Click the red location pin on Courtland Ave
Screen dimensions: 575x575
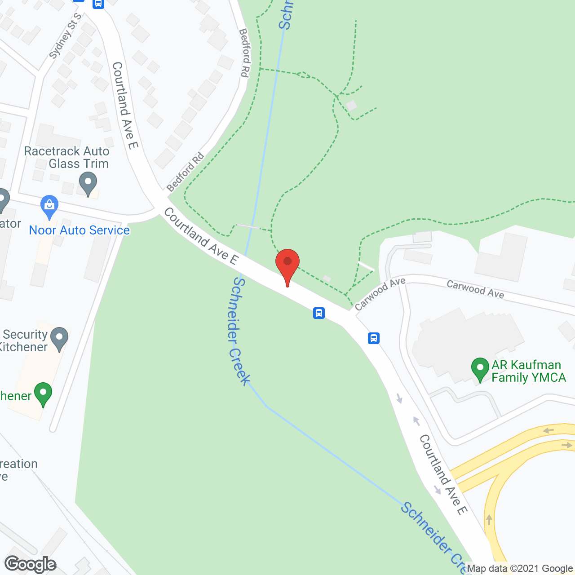pos(287,265)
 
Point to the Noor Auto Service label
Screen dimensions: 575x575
pos(79,230)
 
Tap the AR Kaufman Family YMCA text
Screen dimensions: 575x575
pos(528,371)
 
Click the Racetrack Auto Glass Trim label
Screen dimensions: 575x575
pos(66,157)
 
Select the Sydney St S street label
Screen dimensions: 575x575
pos(65,36)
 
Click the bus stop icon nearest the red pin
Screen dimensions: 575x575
pos(319,313)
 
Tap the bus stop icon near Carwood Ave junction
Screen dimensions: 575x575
pos(374,338)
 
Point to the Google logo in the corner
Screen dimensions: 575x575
pos(31,565)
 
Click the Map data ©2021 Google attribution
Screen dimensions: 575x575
pos(520,569)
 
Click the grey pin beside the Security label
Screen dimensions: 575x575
pos(59,339)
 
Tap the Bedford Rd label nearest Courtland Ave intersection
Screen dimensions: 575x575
pos(185,172)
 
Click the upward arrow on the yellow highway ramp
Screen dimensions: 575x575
pos(489,519)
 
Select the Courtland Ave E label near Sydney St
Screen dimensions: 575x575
pos(125,106)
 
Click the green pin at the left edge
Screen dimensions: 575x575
pos(43,394)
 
